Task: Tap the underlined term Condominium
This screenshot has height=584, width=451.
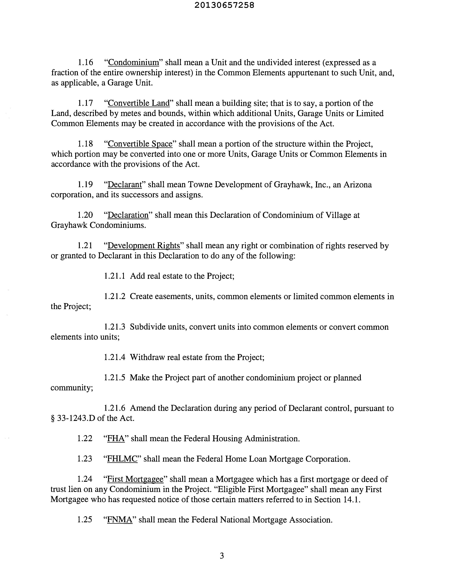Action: click(x=133, y=63)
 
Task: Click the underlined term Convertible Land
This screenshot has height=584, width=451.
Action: click(x=139, y=103)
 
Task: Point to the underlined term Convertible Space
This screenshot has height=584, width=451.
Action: click(x=140, y=144)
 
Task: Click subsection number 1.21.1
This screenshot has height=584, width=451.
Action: click(x=114, y=276)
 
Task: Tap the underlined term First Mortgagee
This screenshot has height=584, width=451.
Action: click(x=135, y=479)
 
